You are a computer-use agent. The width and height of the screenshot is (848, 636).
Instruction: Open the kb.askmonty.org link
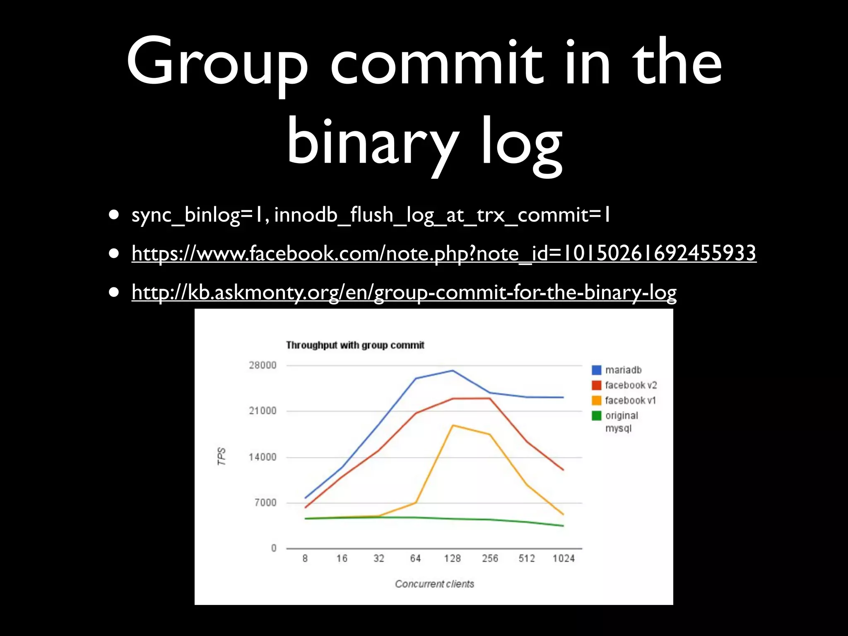click(x=404, y=292)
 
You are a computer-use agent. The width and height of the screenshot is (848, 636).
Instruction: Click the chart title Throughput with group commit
click(x=355, y=345)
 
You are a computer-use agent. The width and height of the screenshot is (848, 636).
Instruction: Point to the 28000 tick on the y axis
click(x=263, y=365)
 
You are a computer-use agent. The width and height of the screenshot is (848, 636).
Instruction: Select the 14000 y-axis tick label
click(x=263, y=457)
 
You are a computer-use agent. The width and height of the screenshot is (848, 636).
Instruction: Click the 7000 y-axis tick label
click(x=265, y=503)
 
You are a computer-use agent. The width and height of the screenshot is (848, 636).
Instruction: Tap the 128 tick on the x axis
click(x=453, y=559)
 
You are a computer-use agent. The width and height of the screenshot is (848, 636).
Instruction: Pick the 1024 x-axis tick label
click(x=564, y=559)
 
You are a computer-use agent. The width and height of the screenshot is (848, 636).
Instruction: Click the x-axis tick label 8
click(x=305, y=559)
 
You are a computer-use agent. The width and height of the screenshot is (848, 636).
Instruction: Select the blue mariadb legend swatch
click(x=597, y=370)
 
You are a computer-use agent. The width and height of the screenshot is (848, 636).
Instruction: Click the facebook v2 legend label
click(x=631, y=385)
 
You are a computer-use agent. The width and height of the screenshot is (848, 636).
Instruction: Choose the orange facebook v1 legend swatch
click(x=597, y=400)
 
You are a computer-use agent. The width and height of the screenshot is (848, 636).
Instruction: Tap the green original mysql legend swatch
click(x=597, y=416)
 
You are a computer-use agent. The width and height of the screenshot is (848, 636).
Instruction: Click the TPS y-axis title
click(x=222, y=456)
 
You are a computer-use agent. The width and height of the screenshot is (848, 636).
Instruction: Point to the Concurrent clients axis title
click(x=434, y=584)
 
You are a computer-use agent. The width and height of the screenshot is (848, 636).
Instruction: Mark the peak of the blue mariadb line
click(x=453, y=371)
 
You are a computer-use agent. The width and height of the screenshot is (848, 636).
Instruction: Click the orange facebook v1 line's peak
click(x=453, y=425)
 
